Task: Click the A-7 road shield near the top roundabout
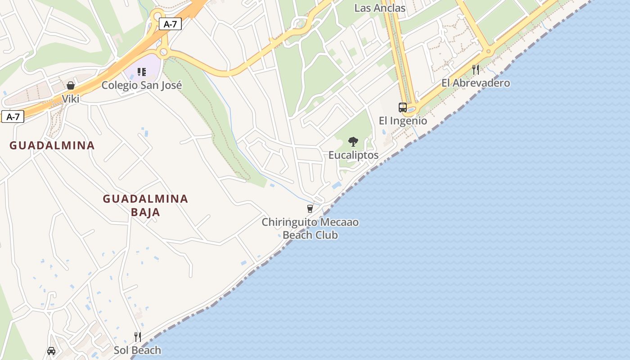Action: pos(170,24)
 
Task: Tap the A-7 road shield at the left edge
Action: pos(13,117)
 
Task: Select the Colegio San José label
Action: pos(142,85)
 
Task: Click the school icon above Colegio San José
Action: pos(142,72)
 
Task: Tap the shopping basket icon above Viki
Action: pos(71,85)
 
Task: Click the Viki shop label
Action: pos(71,99)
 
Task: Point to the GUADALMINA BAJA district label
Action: pos(145,205)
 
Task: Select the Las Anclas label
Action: pos(380,8)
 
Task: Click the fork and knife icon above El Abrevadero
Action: pos(476,70)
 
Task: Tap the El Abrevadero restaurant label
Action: pos(476,83)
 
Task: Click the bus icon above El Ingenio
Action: pos(403,108)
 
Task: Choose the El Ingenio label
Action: pos(403,121)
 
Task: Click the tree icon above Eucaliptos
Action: pos(353,142)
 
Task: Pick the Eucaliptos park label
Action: pos(353,155)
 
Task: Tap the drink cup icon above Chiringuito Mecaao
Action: pos(310,209)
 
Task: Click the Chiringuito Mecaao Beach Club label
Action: pos(310,228)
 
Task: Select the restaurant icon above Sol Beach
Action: pos(138,337)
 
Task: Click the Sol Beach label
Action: pos(137,350)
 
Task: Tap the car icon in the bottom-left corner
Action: pos(51,351)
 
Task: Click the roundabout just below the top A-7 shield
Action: pos(163,53)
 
